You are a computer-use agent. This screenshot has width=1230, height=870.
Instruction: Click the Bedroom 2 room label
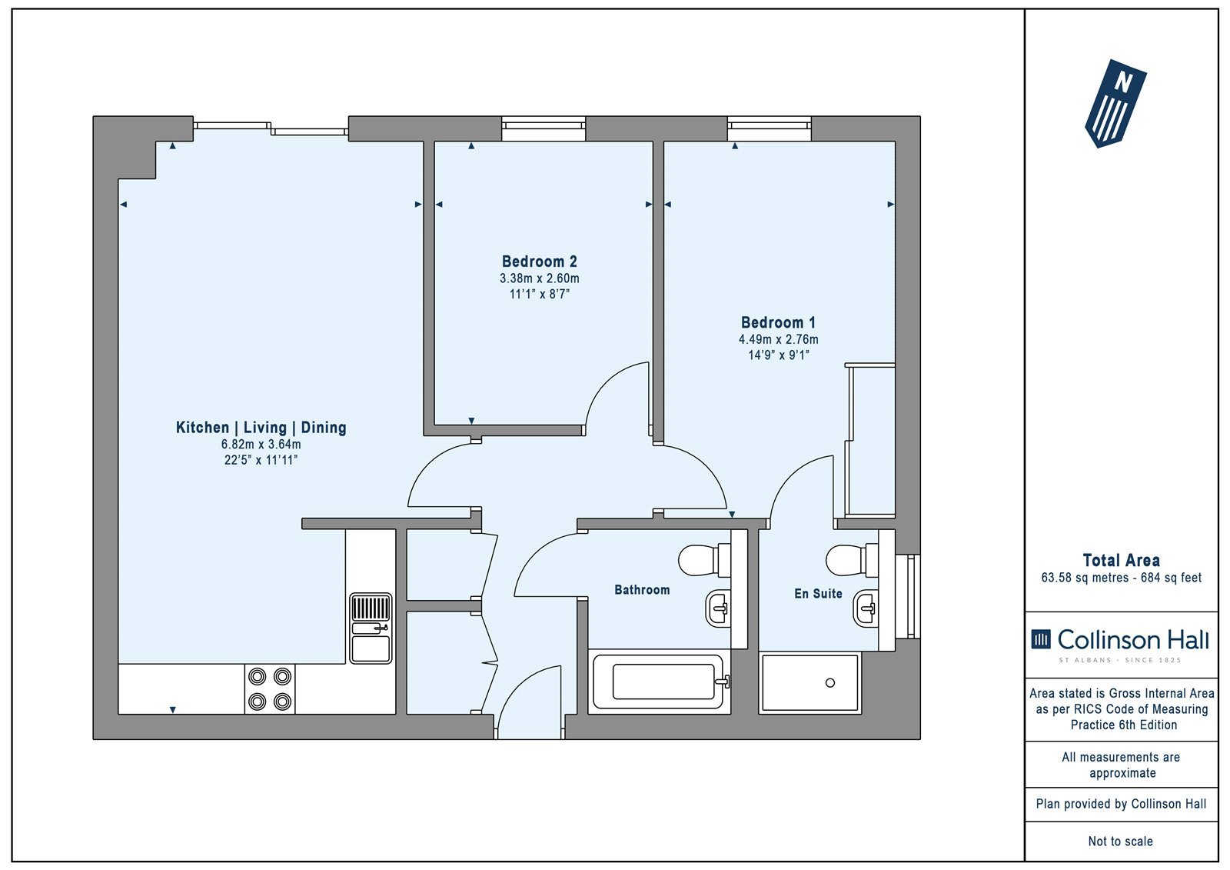[539, 262]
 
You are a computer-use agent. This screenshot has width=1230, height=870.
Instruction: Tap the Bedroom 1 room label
[778, 322]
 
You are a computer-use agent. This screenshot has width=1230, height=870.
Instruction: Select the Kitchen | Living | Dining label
[261, 428]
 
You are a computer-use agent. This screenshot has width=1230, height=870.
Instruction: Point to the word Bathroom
[642, 590]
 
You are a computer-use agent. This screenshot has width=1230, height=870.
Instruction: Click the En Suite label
[818, 594]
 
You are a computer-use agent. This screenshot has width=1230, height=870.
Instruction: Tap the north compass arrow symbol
[1115, 103]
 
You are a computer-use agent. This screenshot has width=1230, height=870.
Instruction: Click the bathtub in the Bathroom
[659, 682]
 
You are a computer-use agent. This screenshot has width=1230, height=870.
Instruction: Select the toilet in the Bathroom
[704, 560]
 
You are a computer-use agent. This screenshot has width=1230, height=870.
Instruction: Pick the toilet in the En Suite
[853, 560]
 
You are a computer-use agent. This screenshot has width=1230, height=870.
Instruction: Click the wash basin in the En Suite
[866, 609]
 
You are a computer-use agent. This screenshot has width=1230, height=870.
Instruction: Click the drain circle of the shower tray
[830, 682]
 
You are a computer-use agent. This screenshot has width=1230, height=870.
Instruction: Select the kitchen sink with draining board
[371, 628]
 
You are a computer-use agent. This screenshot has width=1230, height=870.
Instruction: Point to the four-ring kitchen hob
[270, 689]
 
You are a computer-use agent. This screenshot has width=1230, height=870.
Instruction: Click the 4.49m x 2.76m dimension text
[778, 340]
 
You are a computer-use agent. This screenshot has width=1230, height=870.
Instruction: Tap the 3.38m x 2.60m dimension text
[539, 278]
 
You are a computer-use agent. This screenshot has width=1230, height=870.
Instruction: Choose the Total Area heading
[1121, 561]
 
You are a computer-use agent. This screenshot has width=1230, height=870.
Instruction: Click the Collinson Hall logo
[1120, 645]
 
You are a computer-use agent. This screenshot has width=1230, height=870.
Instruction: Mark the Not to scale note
[1120, 842]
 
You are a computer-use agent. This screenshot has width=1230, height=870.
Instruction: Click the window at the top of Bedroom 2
[544, 128]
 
